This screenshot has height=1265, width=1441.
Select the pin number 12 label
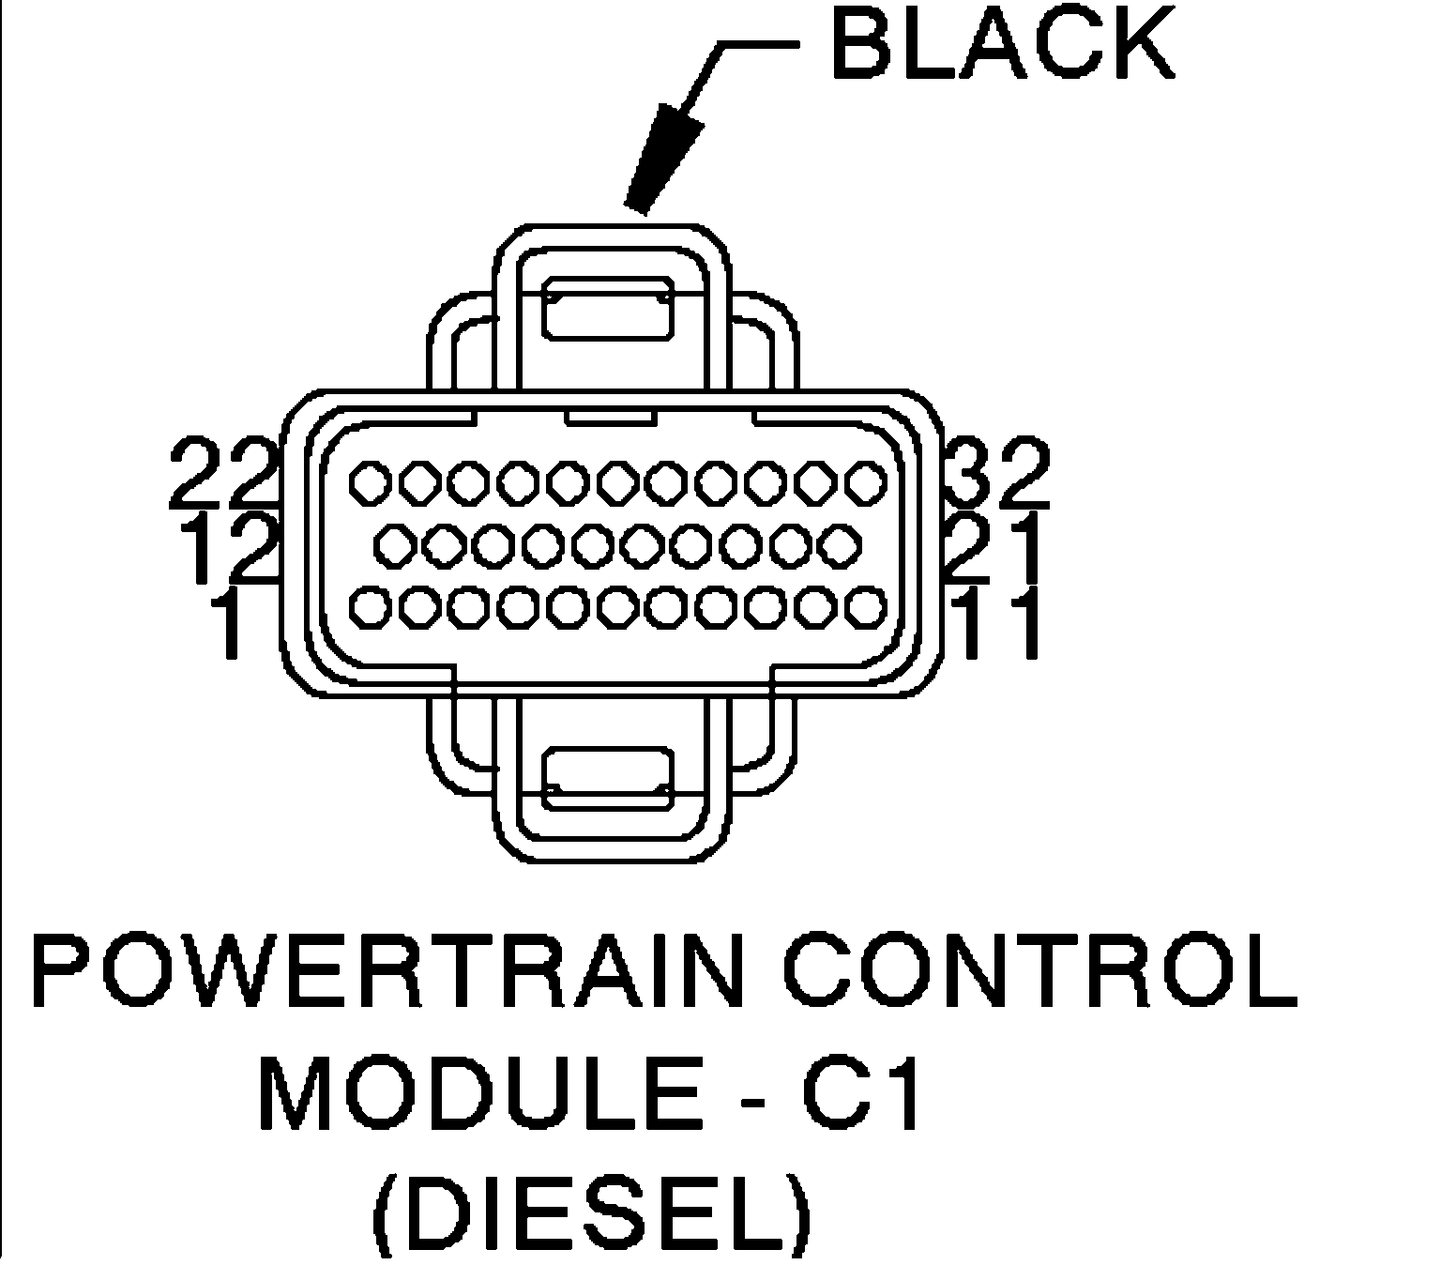click(x=229, y=547)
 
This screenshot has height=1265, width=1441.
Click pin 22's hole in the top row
click(x=370, y=482)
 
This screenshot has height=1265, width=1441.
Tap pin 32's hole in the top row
click(x=866, y=482)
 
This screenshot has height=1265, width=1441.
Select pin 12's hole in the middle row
click(x=394, y=545)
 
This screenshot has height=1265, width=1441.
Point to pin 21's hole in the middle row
click(x=842, y=545)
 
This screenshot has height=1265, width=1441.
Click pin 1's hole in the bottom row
click(x=370, y=607)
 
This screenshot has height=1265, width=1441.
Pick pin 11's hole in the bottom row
click(x=866, y=607)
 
